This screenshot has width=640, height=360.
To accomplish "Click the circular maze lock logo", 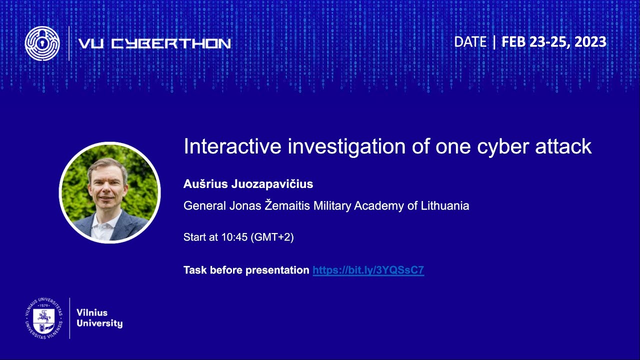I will pyautogui.click(x=42, y=43).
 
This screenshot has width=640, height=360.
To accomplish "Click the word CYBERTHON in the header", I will pyautogui.click(x=170, y=44).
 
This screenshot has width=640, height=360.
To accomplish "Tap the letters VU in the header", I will pyautogui.click(x=90, y=44).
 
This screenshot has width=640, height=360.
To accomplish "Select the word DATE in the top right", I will pyautogui.click(x=470, y=42).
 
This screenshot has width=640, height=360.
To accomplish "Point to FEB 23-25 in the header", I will pyautogui.click(x=534, y=42).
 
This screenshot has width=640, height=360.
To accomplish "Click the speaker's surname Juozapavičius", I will pyautogui.click(x=272, y=184).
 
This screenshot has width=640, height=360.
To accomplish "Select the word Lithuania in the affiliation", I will pyautogui.click(x=444, y=205).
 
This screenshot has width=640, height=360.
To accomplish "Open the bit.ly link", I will pyautogui.click(x=368, y=270).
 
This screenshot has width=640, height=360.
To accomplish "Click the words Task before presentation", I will pyautogui.click(x=246, y=270).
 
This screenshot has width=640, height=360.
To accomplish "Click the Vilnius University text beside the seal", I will pyautogui.click(x=99, y=318).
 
